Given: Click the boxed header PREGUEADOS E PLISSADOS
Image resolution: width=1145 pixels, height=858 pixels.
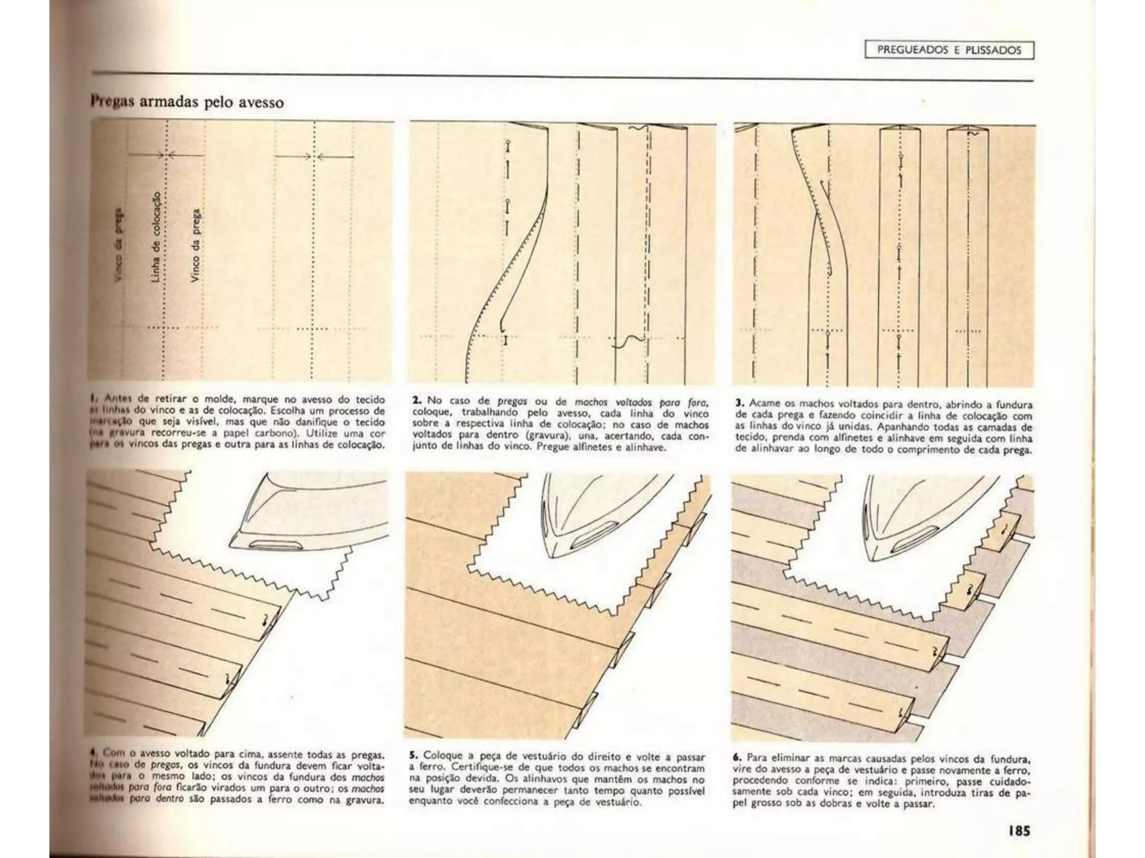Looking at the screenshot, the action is (x=949, y=50).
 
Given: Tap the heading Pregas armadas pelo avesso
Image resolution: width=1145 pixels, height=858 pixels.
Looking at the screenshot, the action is (x=187, y=103).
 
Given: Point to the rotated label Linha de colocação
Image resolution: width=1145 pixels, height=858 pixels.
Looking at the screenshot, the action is (x=157, y=236).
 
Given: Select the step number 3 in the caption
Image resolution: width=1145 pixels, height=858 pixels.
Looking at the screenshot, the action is (x=739, y=402).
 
